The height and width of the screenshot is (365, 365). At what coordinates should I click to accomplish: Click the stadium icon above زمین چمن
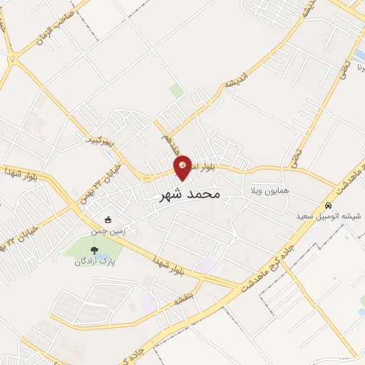pos(108,220)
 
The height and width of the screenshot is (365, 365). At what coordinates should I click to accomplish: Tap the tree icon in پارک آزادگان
pos(93,250)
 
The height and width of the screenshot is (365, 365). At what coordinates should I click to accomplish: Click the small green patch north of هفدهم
pos(176,91)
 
